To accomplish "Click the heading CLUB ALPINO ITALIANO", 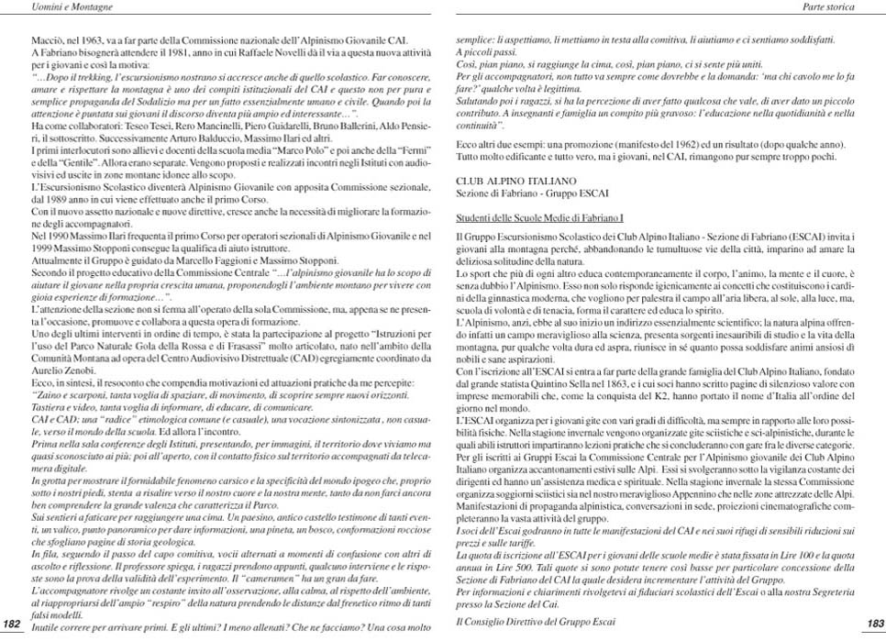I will coord(515,181).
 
